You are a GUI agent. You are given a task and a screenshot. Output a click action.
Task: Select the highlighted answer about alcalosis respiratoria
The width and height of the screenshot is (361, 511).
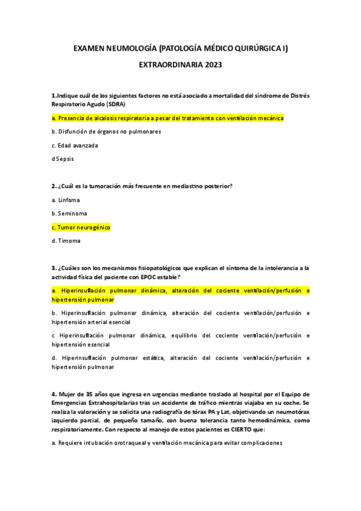[168, 118]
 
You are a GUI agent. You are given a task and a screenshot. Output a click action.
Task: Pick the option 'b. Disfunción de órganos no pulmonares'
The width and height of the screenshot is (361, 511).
[106, 131]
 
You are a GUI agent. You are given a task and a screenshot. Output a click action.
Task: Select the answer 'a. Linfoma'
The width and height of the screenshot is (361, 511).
[66, 199]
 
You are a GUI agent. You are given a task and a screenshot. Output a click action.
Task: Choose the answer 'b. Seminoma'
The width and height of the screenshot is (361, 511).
[69, 213]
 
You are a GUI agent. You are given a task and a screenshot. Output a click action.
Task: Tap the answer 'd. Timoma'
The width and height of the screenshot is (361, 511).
[66, 241]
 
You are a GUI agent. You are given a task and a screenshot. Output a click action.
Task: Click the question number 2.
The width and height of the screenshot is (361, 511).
[54, 186]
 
